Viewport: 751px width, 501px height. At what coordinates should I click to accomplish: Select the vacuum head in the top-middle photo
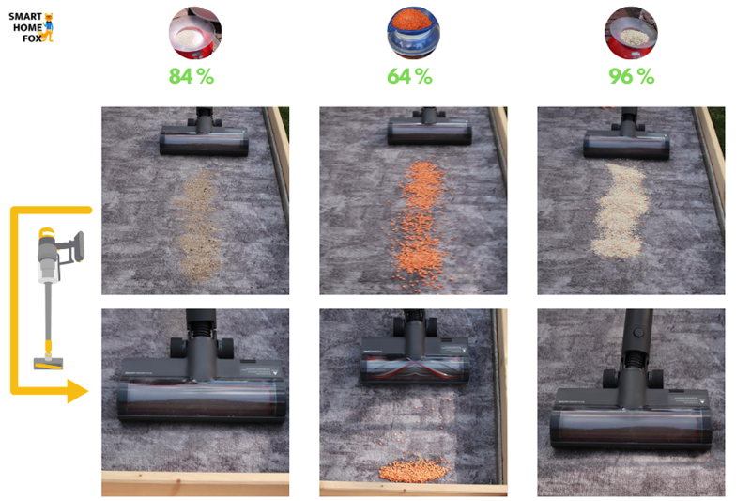(429, 138)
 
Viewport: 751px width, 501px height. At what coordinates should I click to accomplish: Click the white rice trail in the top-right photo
(619, 211)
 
